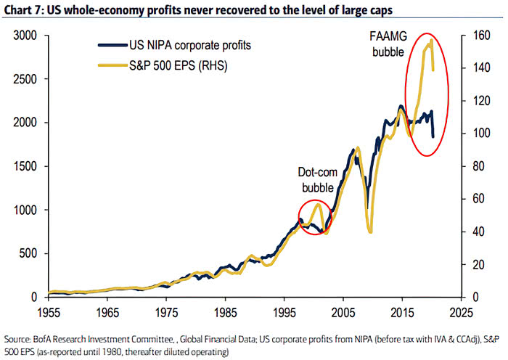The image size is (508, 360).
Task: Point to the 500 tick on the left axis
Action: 28,253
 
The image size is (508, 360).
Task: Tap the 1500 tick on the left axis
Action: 25,166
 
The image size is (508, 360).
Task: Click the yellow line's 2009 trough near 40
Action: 370,232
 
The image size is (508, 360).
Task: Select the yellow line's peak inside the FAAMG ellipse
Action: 431,41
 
